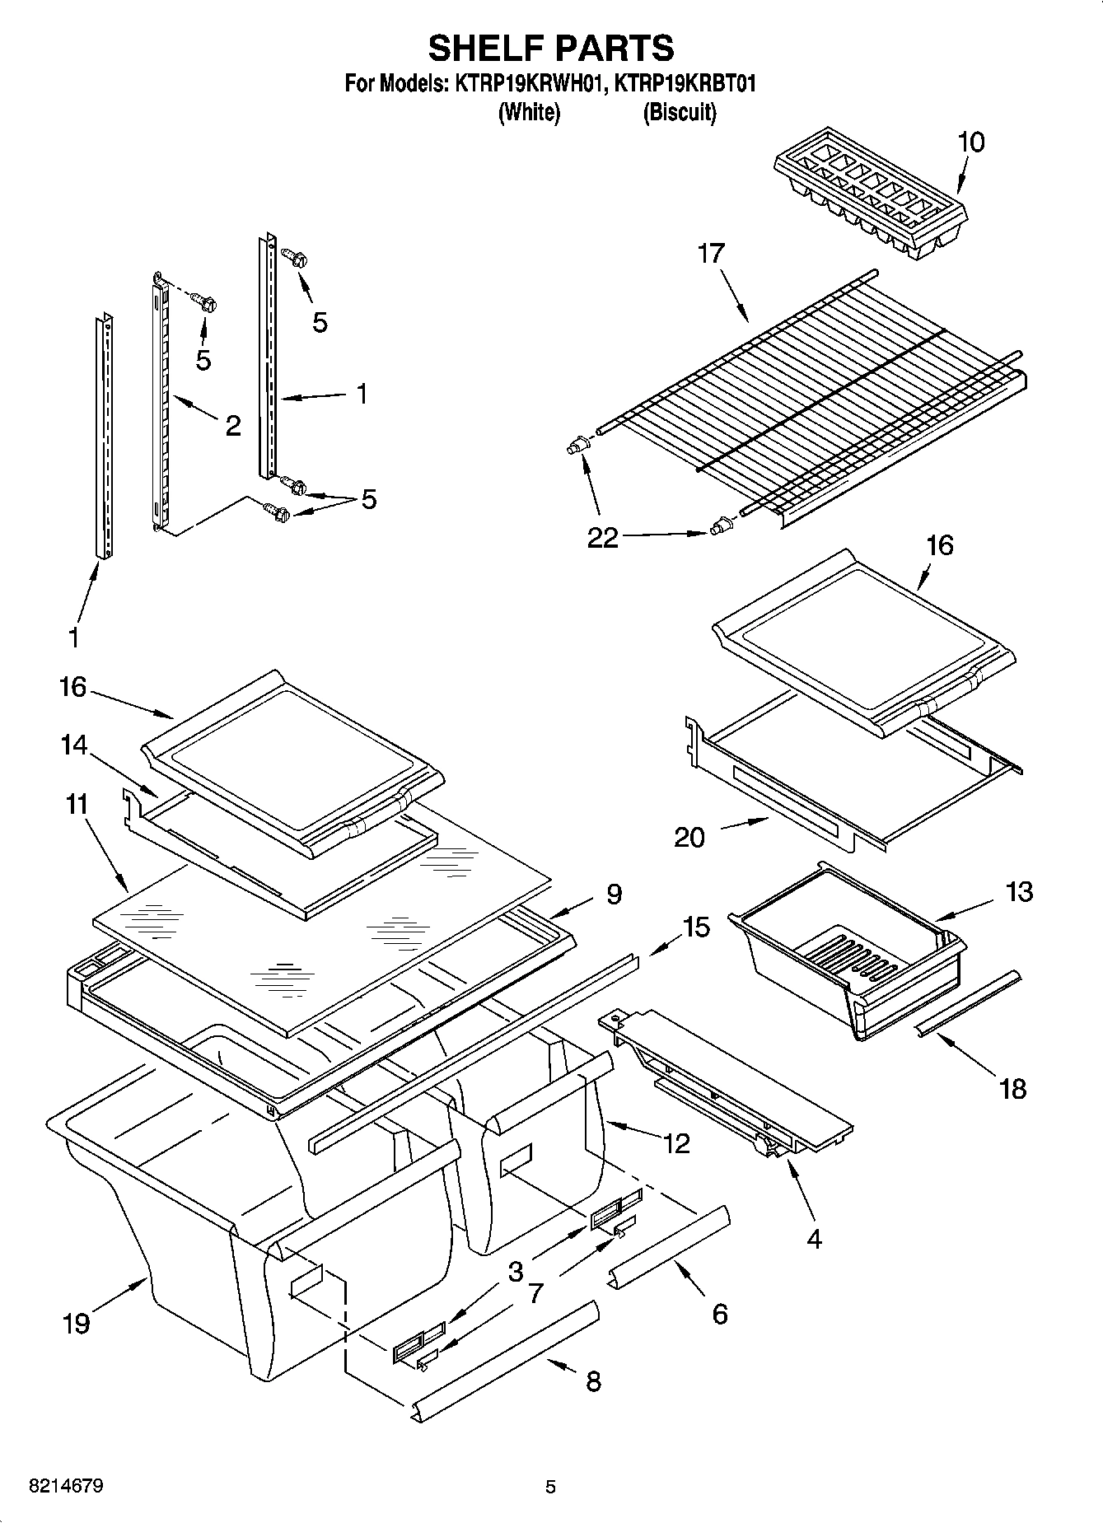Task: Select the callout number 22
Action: coord(602,538)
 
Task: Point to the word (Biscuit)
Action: coord(679,112)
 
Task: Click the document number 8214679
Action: coord(66,1487)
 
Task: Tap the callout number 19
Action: coord(76,1324)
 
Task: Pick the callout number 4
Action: coord(813,1238)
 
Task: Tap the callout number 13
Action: coord(1018,891)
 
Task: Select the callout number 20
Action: coord(689,837)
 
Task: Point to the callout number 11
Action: coord(76,803)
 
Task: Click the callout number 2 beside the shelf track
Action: coord(233,425)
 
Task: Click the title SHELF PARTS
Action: coord(550,48)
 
